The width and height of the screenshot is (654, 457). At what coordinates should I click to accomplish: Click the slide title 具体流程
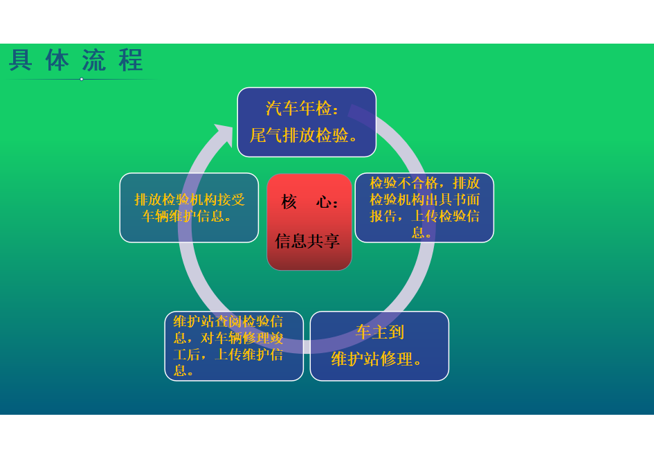76,60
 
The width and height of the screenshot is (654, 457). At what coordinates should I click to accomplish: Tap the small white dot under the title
82,80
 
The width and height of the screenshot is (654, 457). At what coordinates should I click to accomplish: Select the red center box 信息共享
309,222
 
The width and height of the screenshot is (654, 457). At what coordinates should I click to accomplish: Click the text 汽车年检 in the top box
299,109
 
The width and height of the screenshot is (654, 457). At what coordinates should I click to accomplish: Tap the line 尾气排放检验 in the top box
299,135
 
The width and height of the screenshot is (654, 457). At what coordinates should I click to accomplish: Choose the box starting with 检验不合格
425,208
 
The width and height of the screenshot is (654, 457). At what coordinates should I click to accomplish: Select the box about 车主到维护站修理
379,346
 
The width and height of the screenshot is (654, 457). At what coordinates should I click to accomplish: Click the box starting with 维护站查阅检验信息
234,346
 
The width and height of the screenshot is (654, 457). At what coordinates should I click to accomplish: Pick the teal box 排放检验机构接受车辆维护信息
189,208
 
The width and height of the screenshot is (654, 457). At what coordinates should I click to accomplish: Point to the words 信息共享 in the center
307,241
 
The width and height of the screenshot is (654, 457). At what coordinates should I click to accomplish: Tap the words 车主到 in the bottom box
379,332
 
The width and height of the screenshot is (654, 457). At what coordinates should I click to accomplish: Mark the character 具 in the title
21,60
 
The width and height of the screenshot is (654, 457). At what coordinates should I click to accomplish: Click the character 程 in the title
131,60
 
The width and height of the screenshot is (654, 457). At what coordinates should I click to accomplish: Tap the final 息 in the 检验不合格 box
417,232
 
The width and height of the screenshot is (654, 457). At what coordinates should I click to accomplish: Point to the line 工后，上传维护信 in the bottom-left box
228,355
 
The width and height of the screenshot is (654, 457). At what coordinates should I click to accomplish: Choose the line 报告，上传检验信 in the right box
425,216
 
